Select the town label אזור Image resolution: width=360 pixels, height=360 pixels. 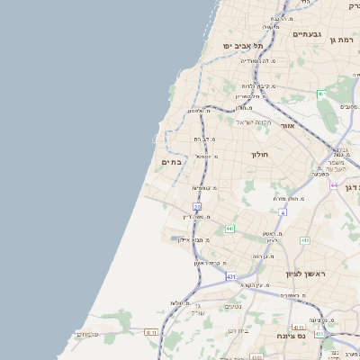tap(288, 125)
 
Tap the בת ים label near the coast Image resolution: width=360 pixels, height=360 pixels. tap(172, 162)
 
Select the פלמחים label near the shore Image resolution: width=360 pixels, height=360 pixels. tap(88, 334)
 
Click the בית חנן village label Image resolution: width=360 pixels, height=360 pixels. tap(238, 330)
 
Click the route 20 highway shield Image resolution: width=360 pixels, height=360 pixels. tap(197, 207)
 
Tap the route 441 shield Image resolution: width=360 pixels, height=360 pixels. tap(230, 229)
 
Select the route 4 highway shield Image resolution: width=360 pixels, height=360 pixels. tap(283, 212)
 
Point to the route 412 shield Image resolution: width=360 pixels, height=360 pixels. tap(305, 240)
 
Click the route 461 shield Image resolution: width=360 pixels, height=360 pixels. tap(321, 94)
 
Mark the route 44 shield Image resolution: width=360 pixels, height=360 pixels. tap(334, 185)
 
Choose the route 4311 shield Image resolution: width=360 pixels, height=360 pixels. tap(150, 331)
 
